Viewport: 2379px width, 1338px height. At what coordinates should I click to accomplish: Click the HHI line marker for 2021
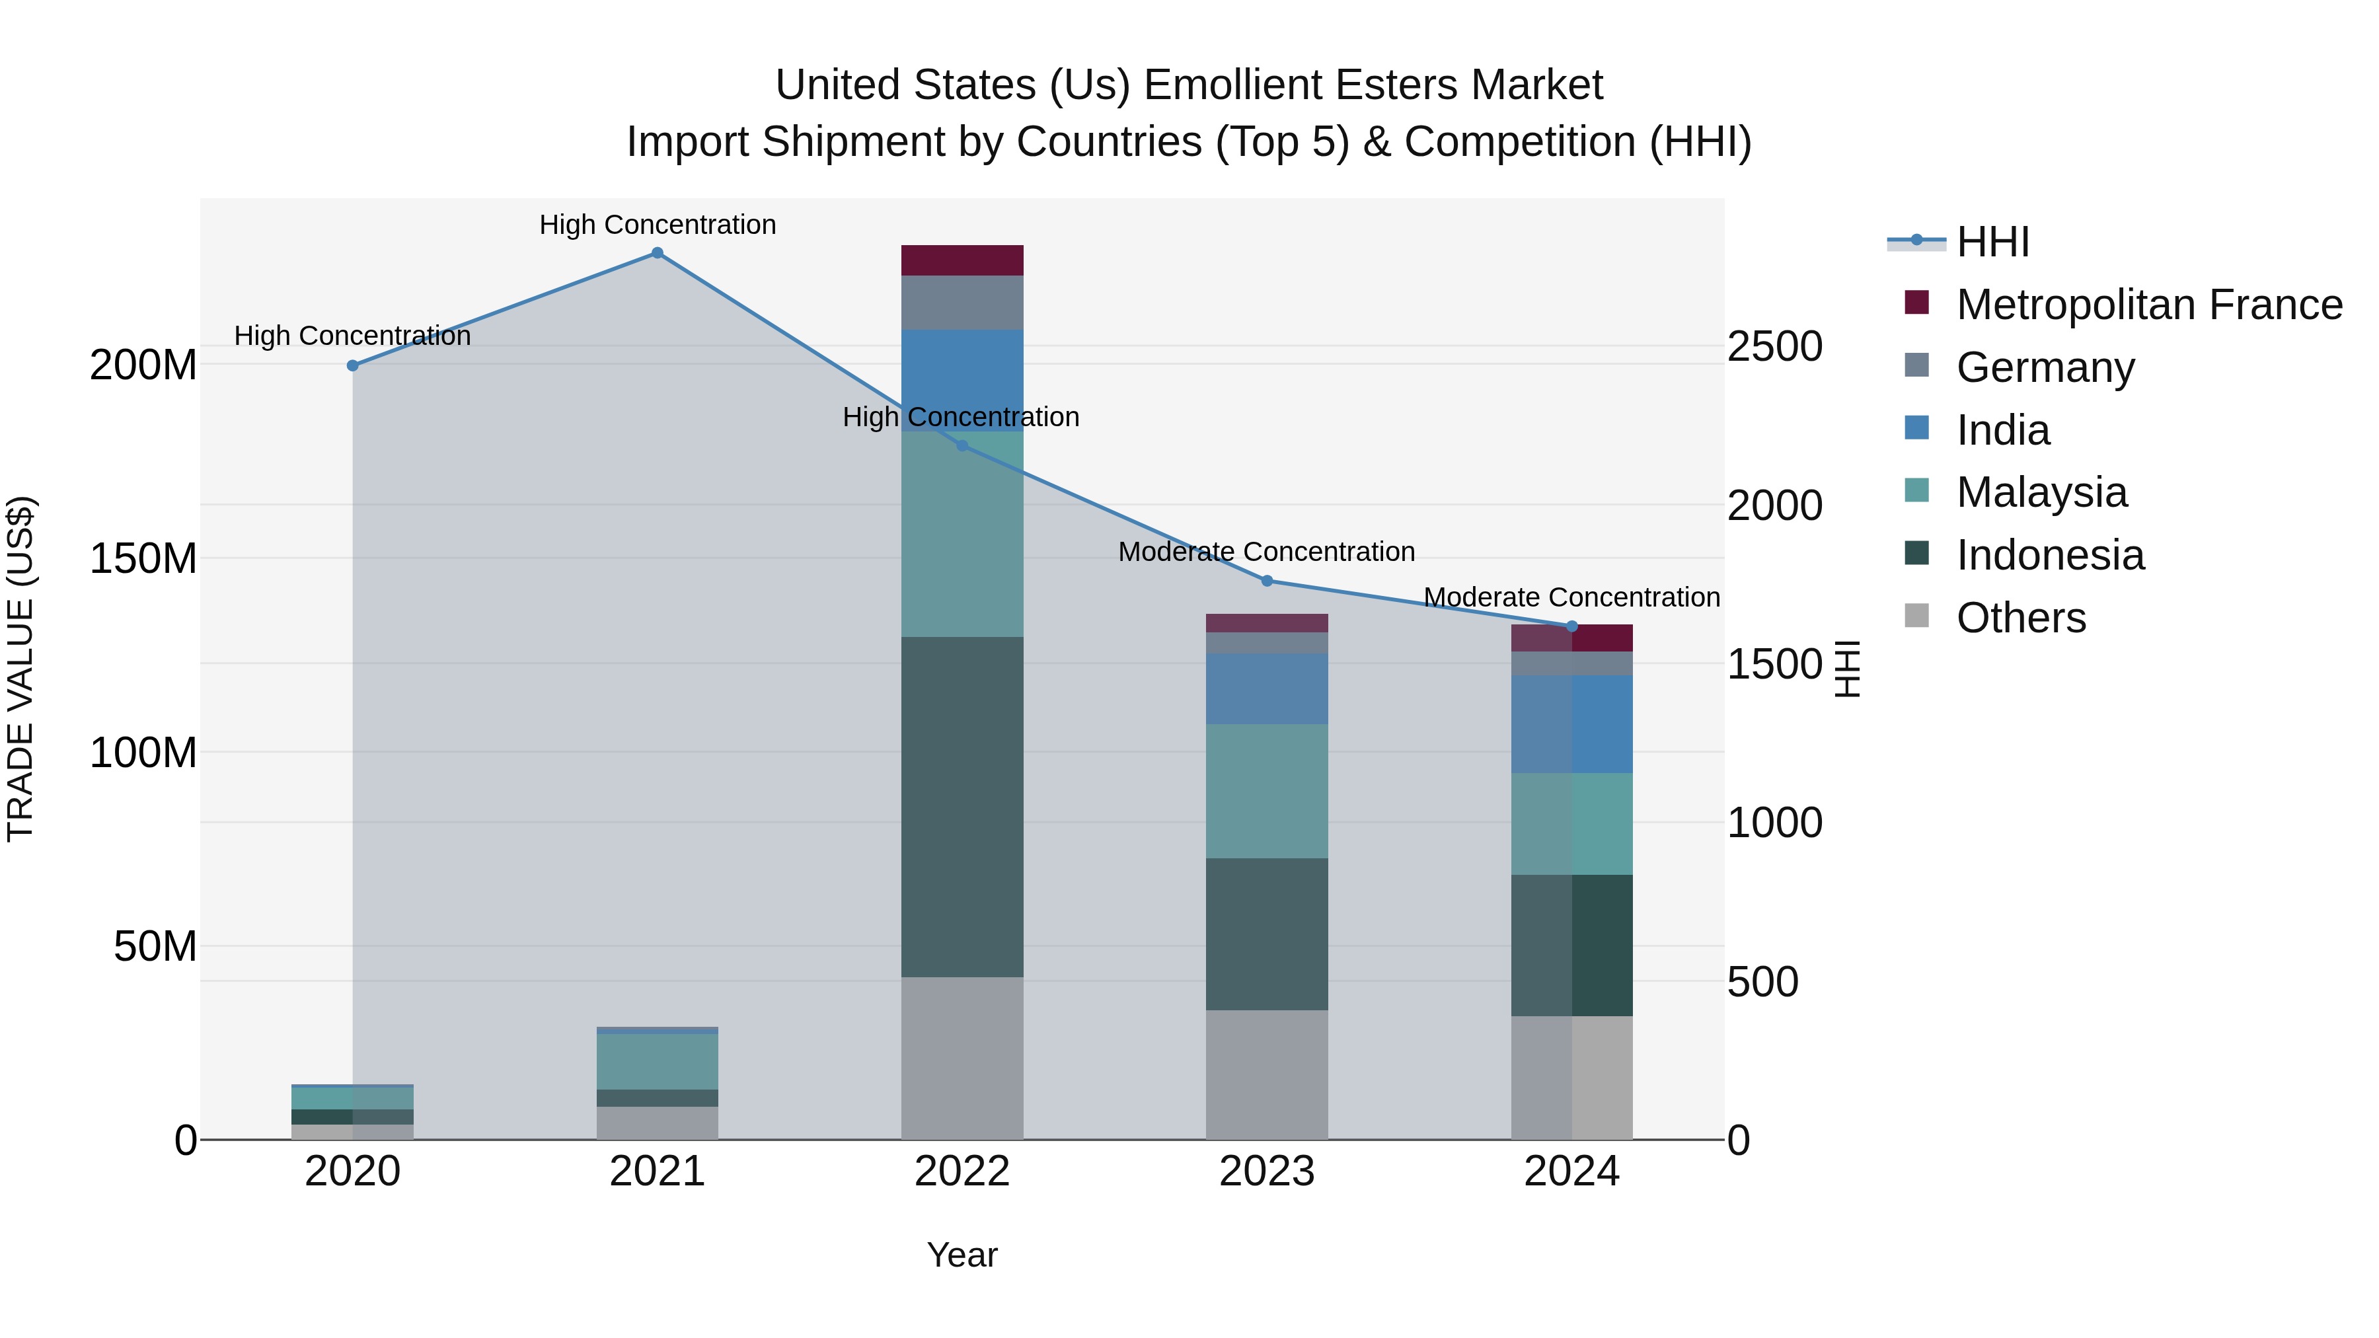[657, 253]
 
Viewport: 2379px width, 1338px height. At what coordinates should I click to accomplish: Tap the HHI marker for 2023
[1266, 581]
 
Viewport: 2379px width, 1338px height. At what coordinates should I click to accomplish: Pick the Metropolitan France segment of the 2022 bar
[962, 260]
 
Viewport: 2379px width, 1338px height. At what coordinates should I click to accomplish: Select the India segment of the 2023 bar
[1266, 689]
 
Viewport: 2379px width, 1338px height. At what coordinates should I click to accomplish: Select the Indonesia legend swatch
[1916, 554]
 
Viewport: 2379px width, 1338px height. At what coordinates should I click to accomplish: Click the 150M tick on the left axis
[143, 558]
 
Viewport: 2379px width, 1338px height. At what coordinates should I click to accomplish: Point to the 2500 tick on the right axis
[1774, 347]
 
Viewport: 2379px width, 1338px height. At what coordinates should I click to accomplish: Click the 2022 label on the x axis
[962, 1171]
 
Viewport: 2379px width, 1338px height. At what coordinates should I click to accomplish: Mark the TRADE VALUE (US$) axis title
[20, 669]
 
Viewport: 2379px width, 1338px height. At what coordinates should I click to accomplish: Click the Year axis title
[962, 1255]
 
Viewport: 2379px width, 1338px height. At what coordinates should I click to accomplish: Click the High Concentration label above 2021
[657, 225]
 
